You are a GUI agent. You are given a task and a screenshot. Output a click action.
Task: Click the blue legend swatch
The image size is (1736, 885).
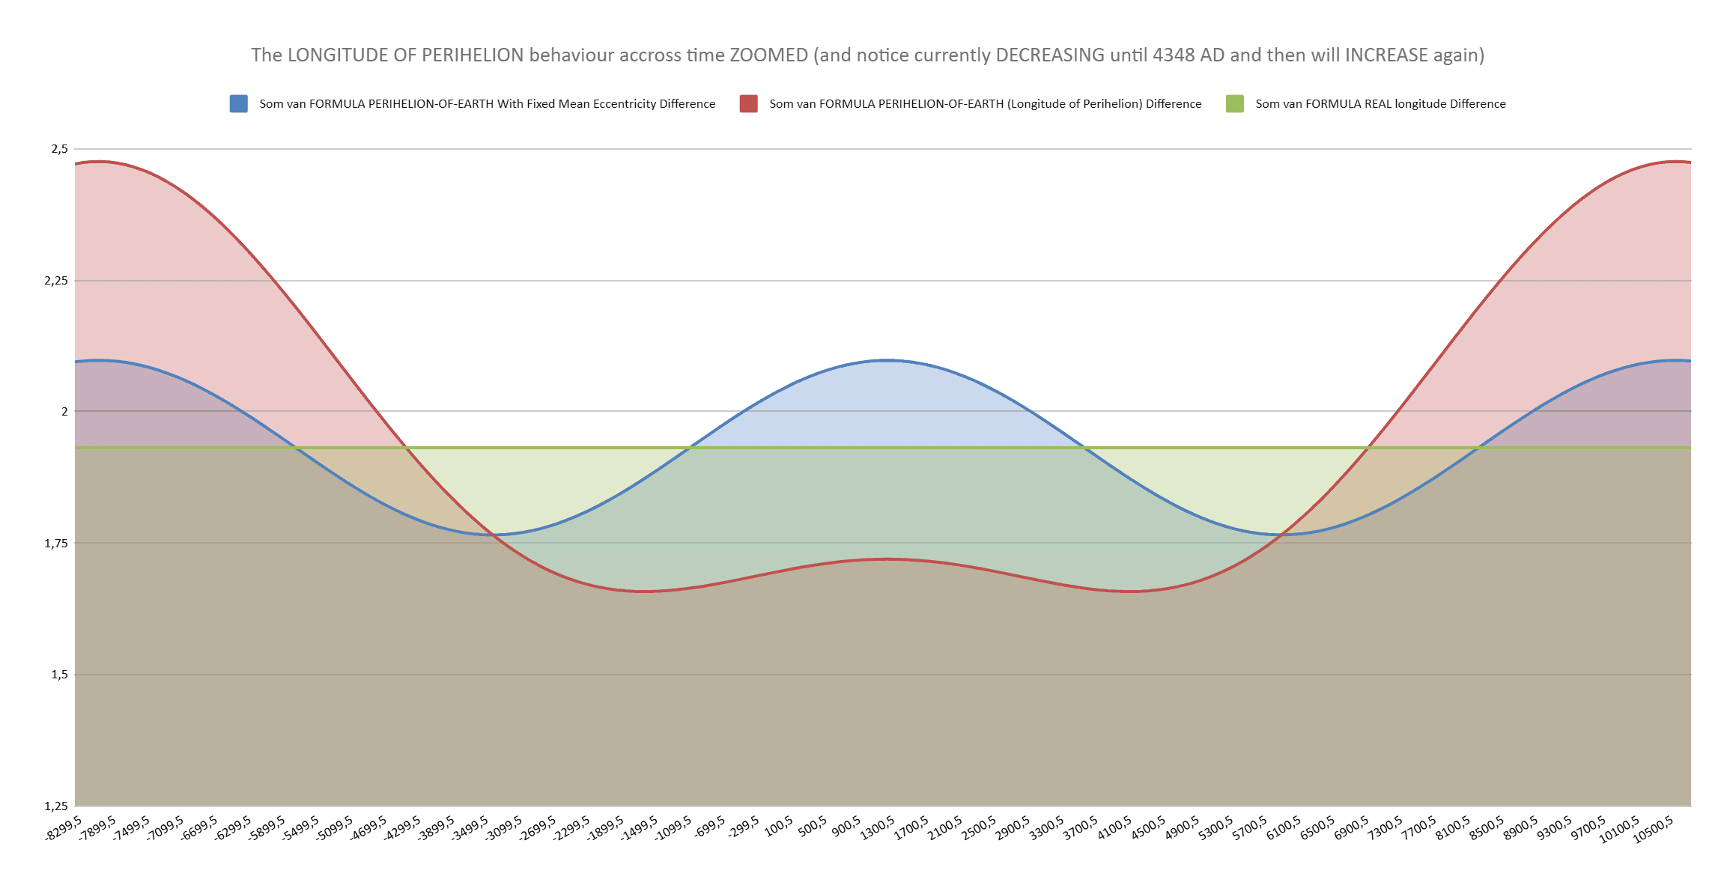[x=238, y=104]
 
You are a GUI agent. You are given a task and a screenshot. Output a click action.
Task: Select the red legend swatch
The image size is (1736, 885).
[x=748, y=104]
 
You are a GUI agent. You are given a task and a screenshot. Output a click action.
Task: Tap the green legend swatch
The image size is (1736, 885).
[x=1234, y=104]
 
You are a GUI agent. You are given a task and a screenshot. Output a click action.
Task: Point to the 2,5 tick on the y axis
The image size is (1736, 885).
[x=59, y=149]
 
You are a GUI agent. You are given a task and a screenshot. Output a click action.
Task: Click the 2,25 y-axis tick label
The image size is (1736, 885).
[x=56, y=281]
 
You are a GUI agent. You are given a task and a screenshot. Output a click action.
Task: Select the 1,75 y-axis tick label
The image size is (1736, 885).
[x=56, y=543]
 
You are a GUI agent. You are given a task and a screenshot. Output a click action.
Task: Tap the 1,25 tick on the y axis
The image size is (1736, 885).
[x=56, y=806]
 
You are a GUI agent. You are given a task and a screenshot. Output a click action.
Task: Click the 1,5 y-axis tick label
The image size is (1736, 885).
[x=59, y=675]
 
